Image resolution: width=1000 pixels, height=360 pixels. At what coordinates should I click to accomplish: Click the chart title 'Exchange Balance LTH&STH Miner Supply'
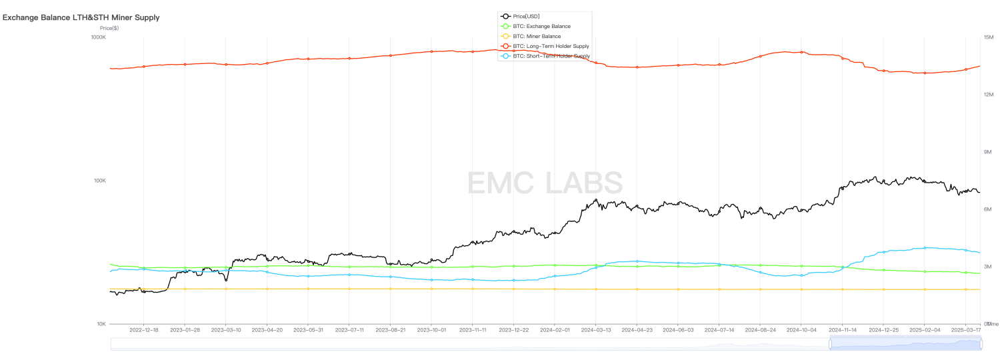tap(81, 17)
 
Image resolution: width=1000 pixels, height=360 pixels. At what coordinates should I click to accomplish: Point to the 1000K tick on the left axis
tap(98, 37)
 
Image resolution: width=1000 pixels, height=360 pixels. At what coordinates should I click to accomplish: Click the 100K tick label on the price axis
tap(99, 181)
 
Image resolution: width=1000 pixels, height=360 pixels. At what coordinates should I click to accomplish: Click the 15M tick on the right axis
tap(988, 37)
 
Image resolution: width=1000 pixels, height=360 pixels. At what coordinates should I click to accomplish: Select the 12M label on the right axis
tap(988, 95)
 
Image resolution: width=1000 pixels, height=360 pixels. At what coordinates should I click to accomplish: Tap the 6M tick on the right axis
tap(988, 209)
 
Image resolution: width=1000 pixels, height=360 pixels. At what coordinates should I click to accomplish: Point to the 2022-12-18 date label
tap(143, 330)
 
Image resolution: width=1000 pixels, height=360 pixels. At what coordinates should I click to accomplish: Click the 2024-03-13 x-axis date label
tap(596, 330)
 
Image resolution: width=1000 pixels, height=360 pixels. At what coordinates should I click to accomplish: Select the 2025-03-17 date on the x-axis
tap(965, 330)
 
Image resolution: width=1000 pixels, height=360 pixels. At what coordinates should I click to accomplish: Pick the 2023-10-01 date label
tap(431, 330)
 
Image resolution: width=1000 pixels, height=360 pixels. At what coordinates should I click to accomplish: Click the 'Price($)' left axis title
tap(109, 28)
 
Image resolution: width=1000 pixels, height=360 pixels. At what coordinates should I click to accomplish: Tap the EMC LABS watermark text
tap(545, 183)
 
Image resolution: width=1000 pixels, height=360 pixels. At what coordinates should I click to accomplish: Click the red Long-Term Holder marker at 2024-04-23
tap(637, 67)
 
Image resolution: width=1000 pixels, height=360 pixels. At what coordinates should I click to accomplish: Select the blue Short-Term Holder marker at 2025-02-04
tap(925, 248)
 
